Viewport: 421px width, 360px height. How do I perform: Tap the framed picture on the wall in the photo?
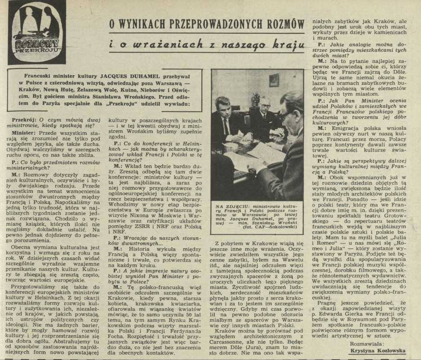pos(274,80)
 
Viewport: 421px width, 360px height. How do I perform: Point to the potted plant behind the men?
pos(255,98)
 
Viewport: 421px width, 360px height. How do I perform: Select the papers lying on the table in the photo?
pos(252,151)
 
